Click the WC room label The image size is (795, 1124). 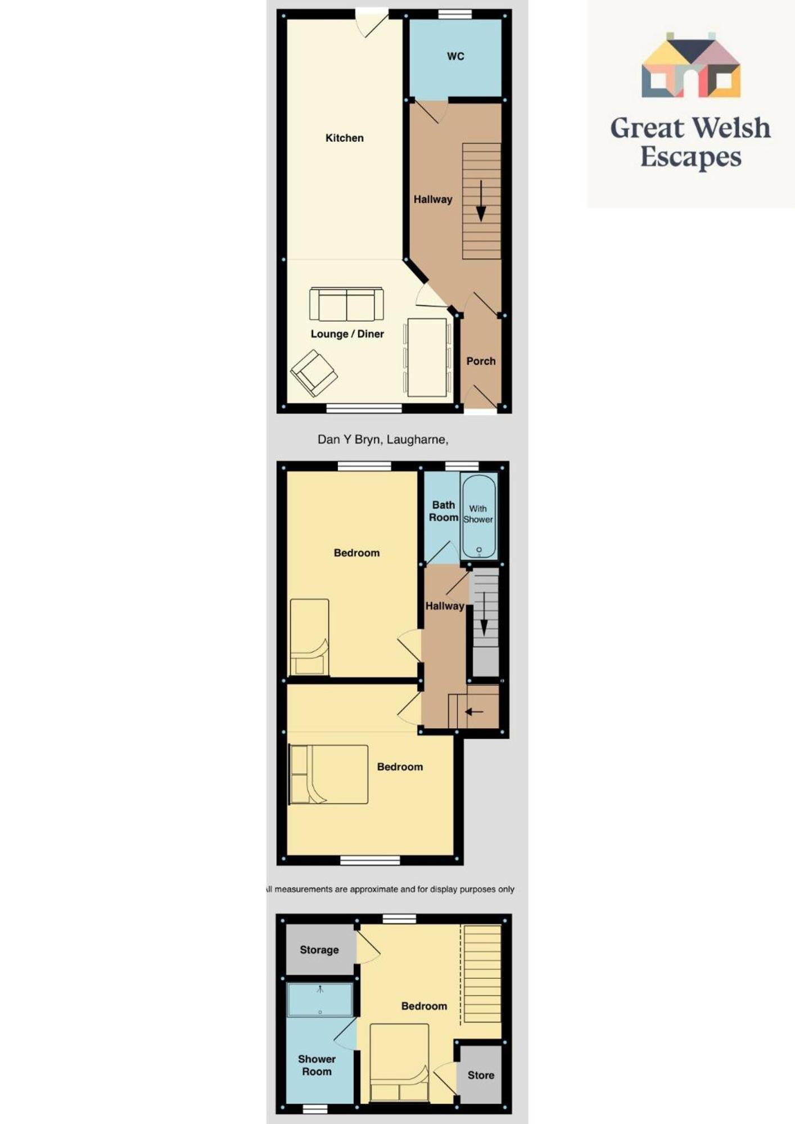455,56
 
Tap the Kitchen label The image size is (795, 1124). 345,138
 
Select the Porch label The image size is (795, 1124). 481,361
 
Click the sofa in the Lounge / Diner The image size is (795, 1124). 346,305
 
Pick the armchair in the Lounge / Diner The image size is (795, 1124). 314,373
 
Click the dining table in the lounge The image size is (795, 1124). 427,358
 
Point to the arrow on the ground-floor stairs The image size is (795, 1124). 481,201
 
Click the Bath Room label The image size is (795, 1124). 444,511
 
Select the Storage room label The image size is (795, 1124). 319,950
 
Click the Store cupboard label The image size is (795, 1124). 481,1075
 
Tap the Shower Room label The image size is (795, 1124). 317,1065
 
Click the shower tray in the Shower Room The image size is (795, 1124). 320,999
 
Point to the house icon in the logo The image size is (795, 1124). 691,65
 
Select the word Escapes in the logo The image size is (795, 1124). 691,157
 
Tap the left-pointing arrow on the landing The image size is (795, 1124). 474,712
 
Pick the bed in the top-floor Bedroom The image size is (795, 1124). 399,1063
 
